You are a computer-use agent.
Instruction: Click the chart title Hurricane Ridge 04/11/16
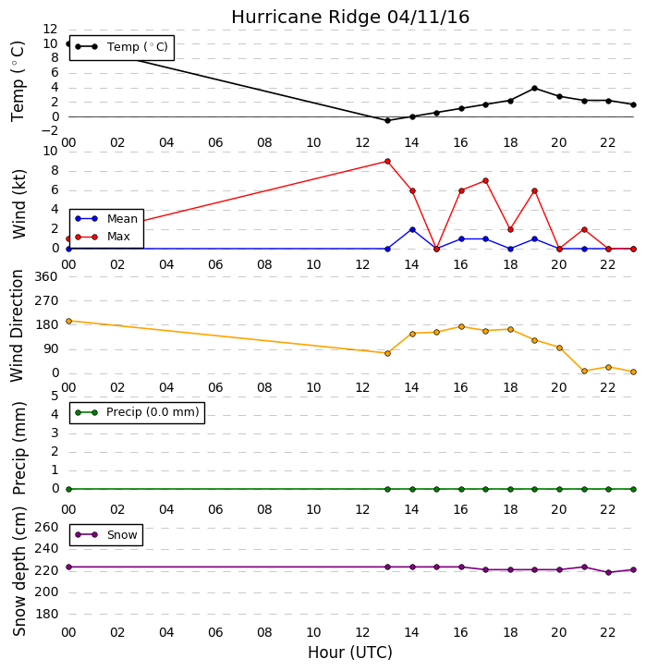coord(350,18)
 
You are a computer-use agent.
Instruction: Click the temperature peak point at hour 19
coord(534,89)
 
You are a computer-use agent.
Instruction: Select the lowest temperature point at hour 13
coord(387,121)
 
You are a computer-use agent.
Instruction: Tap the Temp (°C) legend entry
coord(122,47)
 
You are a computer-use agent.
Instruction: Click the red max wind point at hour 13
coord(387,162)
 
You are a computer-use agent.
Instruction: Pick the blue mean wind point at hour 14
coord(412,230)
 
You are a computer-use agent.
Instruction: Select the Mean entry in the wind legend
coord(106,219)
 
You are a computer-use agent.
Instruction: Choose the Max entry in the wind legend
coord(103,237)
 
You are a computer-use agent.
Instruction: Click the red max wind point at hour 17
coord(485,181)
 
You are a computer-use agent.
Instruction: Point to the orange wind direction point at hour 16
coord(461,327)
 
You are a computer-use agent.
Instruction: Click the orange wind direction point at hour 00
coord(69,321)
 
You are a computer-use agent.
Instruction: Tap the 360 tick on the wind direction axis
coord(46,277)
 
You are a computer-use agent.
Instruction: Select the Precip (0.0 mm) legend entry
coord(138,412)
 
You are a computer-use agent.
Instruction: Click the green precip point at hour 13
coord(387,489)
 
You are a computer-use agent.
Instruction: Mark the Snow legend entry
coord(106,535)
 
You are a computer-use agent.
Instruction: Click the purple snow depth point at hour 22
coord(608,573)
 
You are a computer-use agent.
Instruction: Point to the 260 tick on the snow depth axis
coord(46,527)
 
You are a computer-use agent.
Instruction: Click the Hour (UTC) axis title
coord(350,653)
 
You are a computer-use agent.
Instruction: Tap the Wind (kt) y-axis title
coord(19,204)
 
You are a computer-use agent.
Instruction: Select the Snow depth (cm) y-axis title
coord(19,572)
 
